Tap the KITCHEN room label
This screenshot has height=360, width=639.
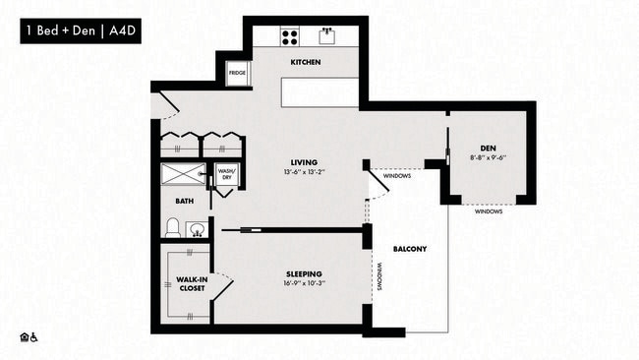[306, 63]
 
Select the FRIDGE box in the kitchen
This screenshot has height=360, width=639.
[237, 74]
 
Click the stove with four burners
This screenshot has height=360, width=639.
[292, 37]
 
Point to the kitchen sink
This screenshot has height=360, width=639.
[328, 36]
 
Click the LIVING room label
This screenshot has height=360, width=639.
[302, 162]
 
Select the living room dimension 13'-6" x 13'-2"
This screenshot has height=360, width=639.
[302, 173]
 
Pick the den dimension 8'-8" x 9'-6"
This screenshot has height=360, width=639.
[488, 156]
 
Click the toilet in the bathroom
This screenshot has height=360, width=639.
[173, 229]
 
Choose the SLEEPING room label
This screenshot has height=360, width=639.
[305, 273]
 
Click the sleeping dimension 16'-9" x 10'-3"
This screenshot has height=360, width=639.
[305, 284]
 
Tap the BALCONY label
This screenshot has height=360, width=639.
[410, 249]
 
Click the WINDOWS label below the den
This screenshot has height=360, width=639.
[489, 211]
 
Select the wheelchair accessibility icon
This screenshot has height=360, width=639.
[35, 337]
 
